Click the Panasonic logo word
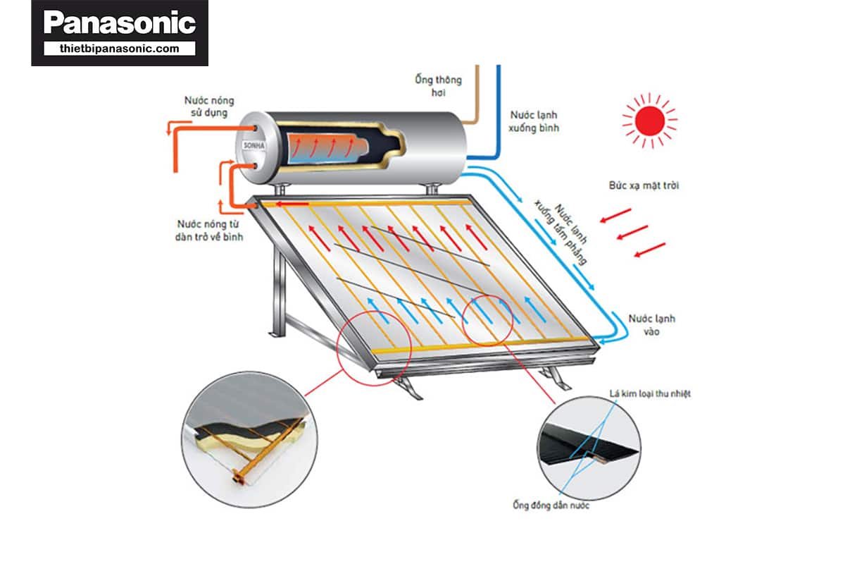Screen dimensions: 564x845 [119, 24]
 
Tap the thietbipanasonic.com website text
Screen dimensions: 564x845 [119, 49]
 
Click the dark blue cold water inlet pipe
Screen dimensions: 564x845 [499, 113]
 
